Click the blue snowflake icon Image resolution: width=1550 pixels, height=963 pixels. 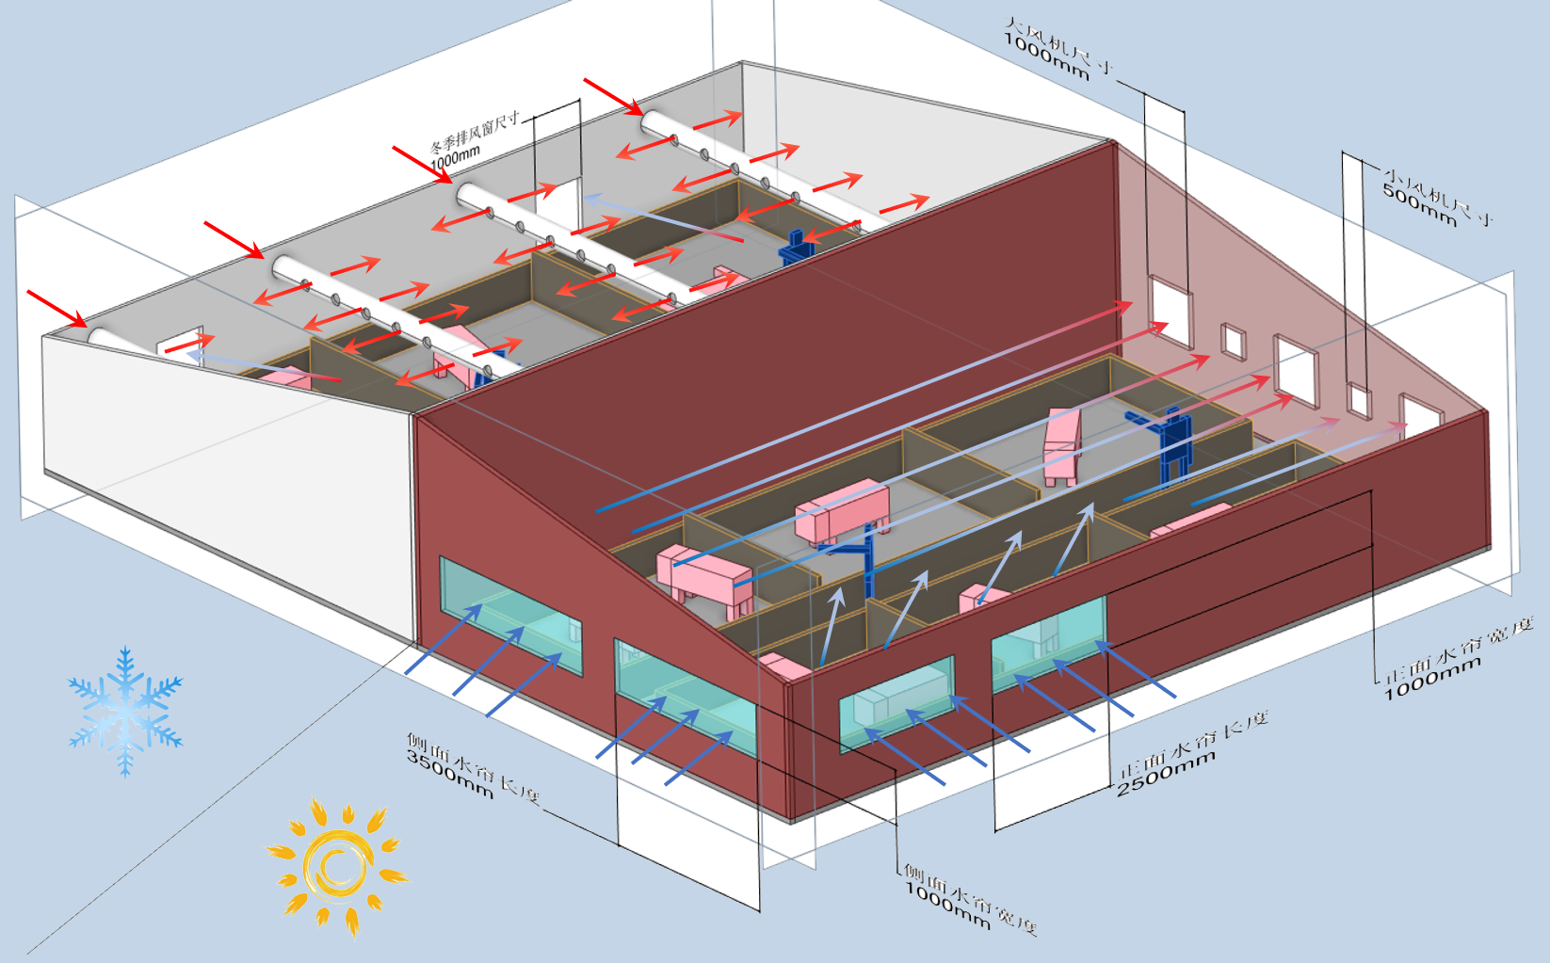[125, 711]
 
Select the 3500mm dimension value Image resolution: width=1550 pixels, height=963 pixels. [450, 774]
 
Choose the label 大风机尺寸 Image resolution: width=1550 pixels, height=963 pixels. [1060, 43]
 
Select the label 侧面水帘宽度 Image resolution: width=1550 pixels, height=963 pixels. [971, 899]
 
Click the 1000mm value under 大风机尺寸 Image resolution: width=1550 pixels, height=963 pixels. [1046, 58]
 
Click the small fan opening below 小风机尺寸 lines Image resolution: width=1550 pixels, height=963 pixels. [1358, 399]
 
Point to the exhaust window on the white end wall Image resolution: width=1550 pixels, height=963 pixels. [180, 344]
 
